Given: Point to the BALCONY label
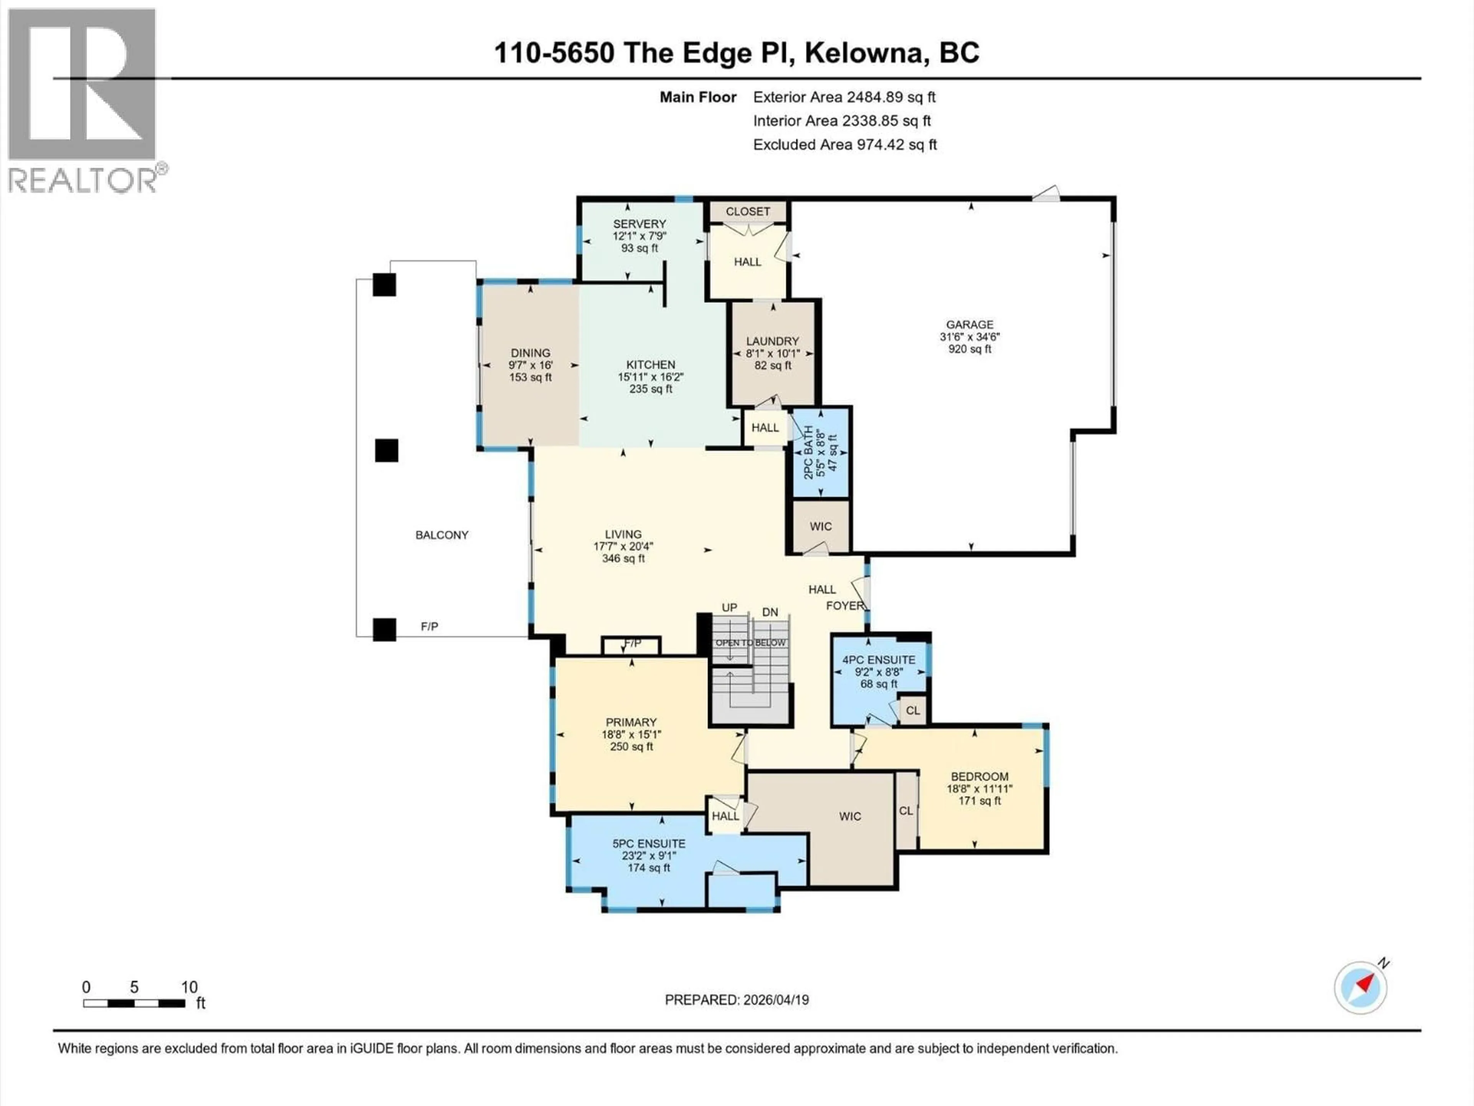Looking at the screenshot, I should [442, 535].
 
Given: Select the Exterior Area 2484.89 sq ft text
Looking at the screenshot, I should [844, 97].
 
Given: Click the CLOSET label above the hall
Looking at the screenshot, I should [748, 211].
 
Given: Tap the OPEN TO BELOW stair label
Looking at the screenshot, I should [750, 642].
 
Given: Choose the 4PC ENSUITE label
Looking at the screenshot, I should [878, 660].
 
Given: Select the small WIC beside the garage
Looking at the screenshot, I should [820, 526].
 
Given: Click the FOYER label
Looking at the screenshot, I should [844, 605].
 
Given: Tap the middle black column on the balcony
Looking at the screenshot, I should [387, 451].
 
